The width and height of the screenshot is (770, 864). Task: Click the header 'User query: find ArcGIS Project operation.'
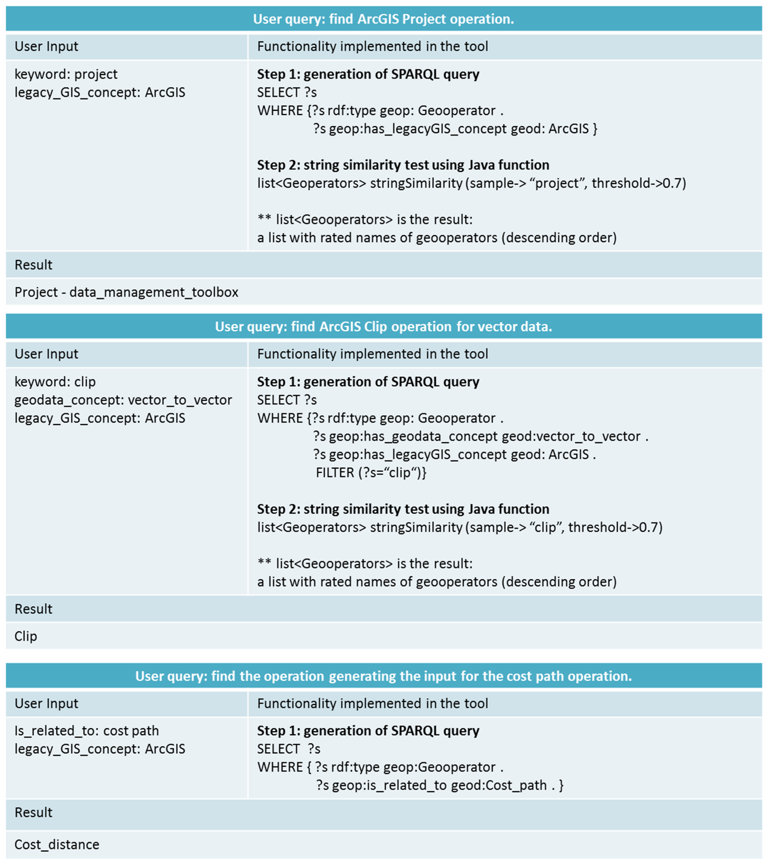point(383,19)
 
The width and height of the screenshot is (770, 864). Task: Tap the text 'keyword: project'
point(66,74)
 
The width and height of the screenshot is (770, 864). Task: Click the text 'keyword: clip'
point(55,382)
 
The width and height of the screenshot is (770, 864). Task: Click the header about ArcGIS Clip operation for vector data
point(383,326)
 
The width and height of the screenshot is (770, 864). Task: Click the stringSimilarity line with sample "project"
point(471,183)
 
